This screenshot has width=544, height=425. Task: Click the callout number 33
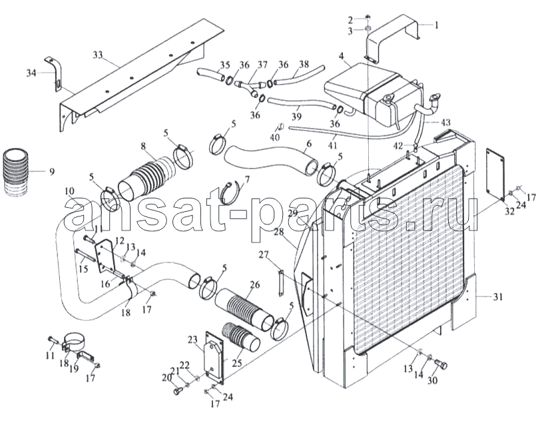98,55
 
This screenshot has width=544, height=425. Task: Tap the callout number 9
52,171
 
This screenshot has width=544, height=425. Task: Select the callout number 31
498,297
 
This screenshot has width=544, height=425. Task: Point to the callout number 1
436,25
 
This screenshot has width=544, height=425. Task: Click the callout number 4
342,55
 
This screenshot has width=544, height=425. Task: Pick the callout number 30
432,380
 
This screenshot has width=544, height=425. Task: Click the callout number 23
193,339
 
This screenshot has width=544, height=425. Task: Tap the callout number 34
31,73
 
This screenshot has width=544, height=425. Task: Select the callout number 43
445,122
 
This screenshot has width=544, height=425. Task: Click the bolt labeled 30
441,364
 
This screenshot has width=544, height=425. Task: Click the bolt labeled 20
177,390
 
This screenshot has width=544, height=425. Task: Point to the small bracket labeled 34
53,74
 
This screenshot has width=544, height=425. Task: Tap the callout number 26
254,284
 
